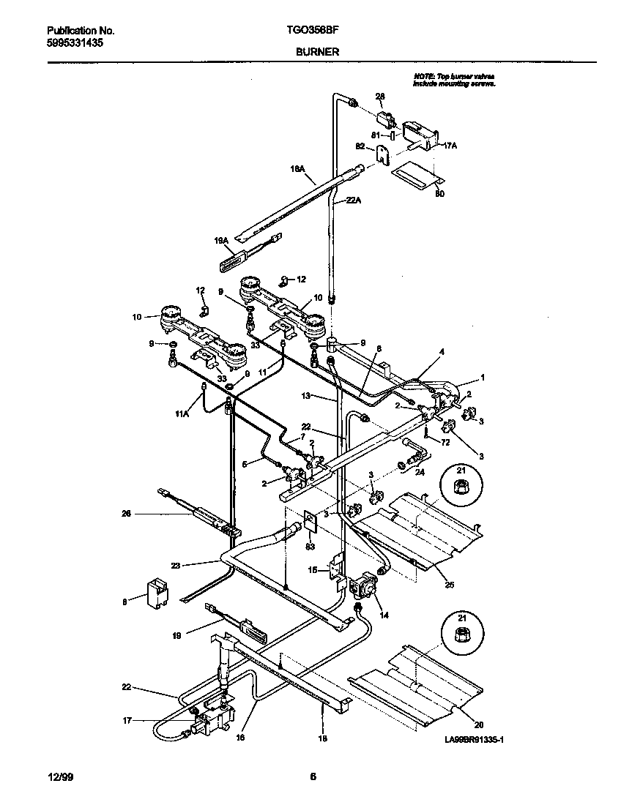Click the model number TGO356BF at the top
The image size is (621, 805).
click(317, 31)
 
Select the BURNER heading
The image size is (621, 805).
click(317, 52)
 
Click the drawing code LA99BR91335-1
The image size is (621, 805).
click(475, 740)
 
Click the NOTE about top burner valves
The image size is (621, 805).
click(455, 80)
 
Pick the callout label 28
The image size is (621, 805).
click(380, 97)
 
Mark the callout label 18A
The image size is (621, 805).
click(297, 168)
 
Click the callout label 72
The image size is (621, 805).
click(445, 442)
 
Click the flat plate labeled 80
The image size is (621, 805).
click(417, 175)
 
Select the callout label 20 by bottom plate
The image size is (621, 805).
click(478, 725)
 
